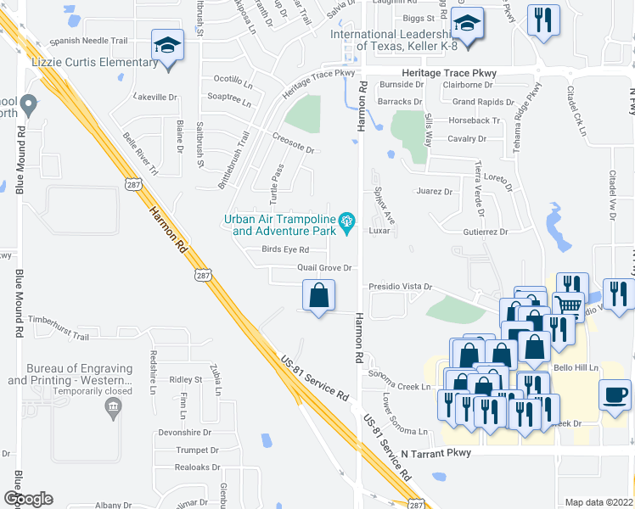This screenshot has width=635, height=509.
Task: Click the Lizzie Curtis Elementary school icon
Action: pyautogui.click(x=167, y=44)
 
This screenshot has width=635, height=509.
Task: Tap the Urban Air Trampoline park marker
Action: pyautogui.click(x=346, y=223)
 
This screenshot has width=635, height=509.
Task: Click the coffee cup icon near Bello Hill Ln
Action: pyautogui.click(x=615, y=394)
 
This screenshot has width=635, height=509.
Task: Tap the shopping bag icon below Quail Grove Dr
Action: pyautogui.click(x=319, y=296)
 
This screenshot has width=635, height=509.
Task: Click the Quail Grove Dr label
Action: pyautogui.click(x=324, y=268)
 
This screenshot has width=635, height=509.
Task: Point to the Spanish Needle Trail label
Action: pyautogui.click(x=88, y=40)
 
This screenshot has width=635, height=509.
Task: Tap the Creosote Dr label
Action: pyautogui.click(x=293, y=149)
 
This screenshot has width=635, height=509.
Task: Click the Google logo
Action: pyautogui.click(x=28, y=499)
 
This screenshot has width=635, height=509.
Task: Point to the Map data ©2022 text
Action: pyautogui.click(x=598, y=502)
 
